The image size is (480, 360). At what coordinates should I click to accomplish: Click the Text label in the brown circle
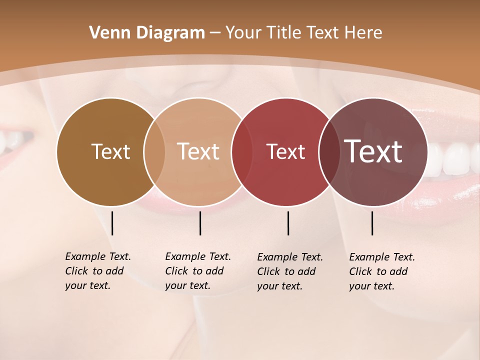point(110,151)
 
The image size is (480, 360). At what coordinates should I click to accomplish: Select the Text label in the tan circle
point(198,151)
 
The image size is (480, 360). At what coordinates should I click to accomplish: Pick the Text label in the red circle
point(285,152)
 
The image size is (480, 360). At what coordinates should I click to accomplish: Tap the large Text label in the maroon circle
point(373,151)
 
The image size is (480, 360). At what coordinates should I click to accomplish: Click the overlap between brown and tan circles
point(154,152)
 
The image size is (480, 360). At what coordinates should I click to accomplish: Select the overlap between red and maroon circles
point(329,152)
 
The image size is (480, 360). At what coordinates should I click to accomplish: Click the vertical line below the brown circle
point(112,223)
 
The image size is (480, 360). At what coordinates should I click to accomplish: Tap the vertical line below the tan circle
point(200,223)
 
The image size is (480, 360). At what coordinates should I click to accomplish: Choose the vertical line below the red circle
point(288,223)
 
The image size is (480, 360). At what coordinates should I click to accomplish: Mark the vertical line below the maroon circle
point(372,223)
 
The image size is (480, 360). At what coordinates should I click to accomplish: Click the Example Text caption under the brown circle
point(98,271)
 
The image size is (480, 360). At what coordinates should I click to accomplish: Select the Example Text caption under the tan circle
point(198,271)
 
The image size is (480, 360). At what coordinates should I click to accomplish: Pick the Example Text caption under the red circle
point(290,271)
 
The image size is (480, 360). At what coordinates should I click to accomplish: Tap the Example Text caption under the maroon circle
point(382,271)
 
